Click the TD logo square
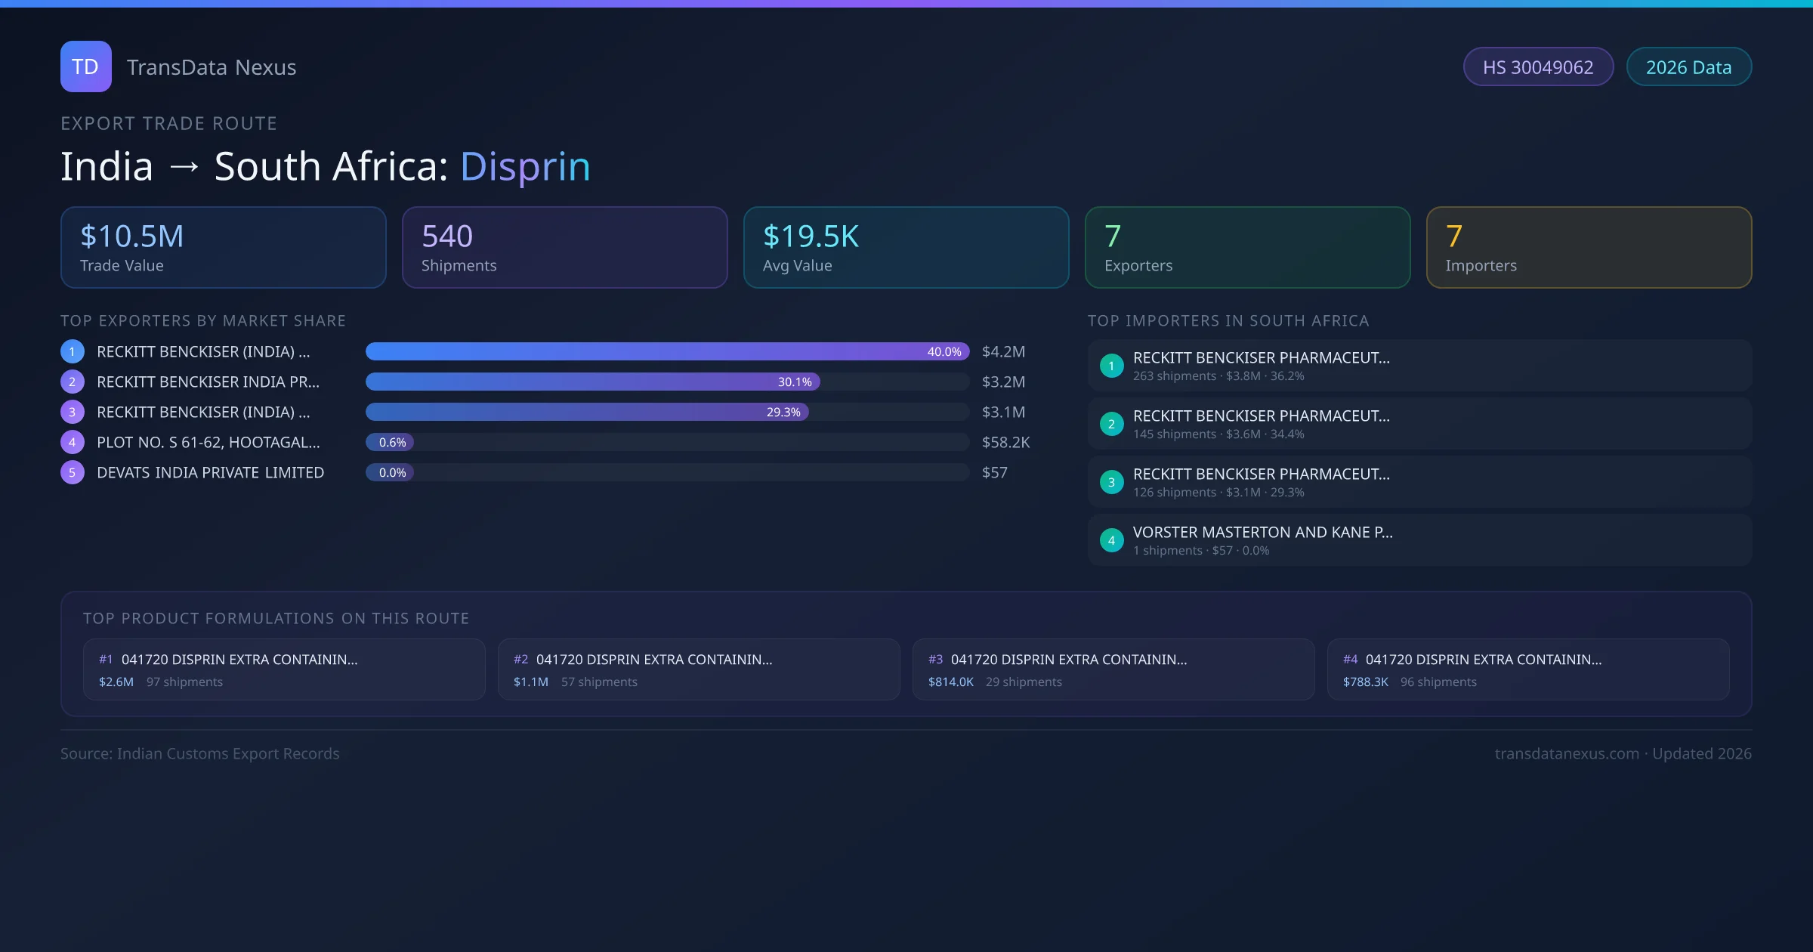coord(86,66)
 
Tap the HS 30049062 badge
coord(1538,67)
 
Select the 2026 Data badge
coord(1688,67)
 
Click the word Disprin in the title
coord(525,166)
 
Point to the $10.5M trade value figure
coord(132,236)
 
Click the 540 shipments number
coord(447,236)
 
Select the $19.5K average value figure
coord(811,236)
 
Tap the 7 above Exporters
coord(1113,236)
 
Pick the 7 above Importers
coord(1454,236)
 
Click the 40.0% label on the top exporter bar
coord(944,352)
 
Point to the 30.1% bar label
coord(795,382)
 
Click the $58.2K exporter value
coord(1005,443)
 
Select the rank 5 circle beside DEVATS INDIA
coord(73,473)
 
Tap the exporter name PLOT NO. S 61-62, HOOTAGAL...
coord(208,443)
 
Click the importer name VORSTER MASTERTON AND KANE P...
coord(1262,533)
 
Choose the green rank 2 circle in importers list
coord(1111,425)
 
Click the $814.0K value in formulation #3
coord(950,682)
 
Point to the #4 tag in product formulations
coord(1350,660)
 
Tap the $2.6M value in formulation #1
coord(116,682)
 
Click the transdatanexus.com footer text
coord(1567,754)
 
